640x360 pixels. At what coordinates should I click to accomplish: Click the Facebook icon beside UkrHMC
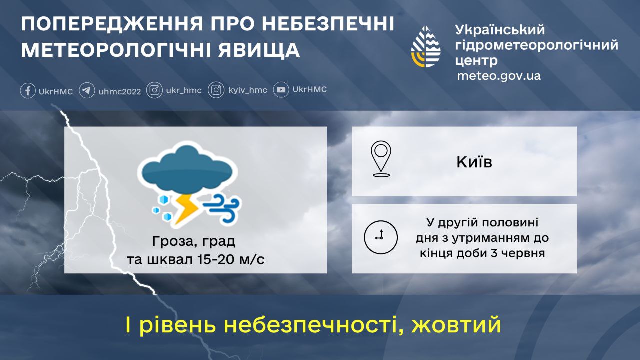coord(27,91)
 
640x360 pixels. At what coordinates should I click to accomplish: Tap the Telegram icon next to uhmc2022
coord(87,91)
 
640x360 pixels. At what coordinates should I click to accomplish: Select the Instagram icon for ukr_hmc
coord(155,90)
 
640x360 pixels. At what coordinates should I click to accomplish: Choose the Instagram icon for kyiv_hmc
coord(216,90)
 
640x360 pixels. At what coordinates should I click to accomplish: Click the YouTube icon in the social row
coord(281,90)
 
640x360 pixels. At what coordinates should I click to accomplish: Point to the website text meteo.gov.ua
coord(499,76)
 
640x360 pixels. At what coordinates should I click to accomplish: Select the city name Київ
coord(474,162)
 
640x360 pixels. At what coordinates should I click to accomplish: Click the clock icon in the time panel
coord(381,236)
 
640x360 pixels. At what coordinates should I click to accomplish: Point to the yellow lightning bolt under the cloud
coord(187,207)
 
